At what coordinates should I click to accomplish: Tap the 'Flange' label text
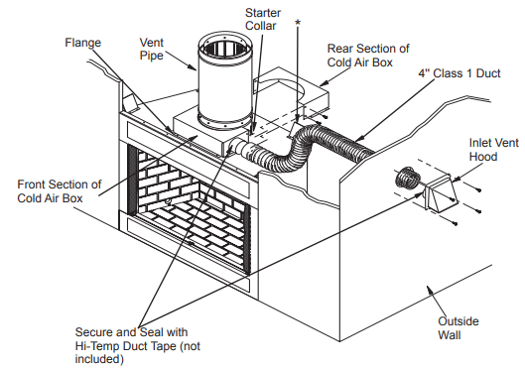(82, 44)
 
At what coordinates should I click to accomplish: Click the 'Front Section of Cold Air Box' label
(60, 190)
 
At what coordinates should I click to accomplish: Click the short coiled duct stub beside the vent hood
(403, 181)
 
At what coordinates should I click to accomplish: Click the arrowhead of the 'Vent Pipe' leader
(195, 70)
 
